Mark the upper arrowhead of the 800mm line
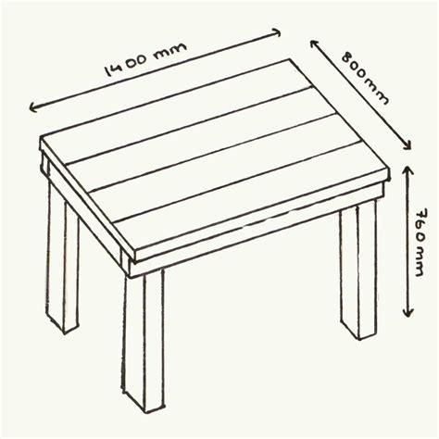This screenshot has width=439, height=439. pos(315,42)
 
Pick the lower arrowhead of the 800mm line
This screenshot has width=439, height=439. pos(408,145)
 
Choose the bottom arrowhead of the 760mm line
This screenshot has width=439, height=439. pos(408,315)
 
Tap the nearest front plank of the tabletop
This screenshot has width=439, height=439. pos(250,199)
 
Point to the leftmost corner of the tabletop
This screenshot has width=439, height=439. pos(42,141)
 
